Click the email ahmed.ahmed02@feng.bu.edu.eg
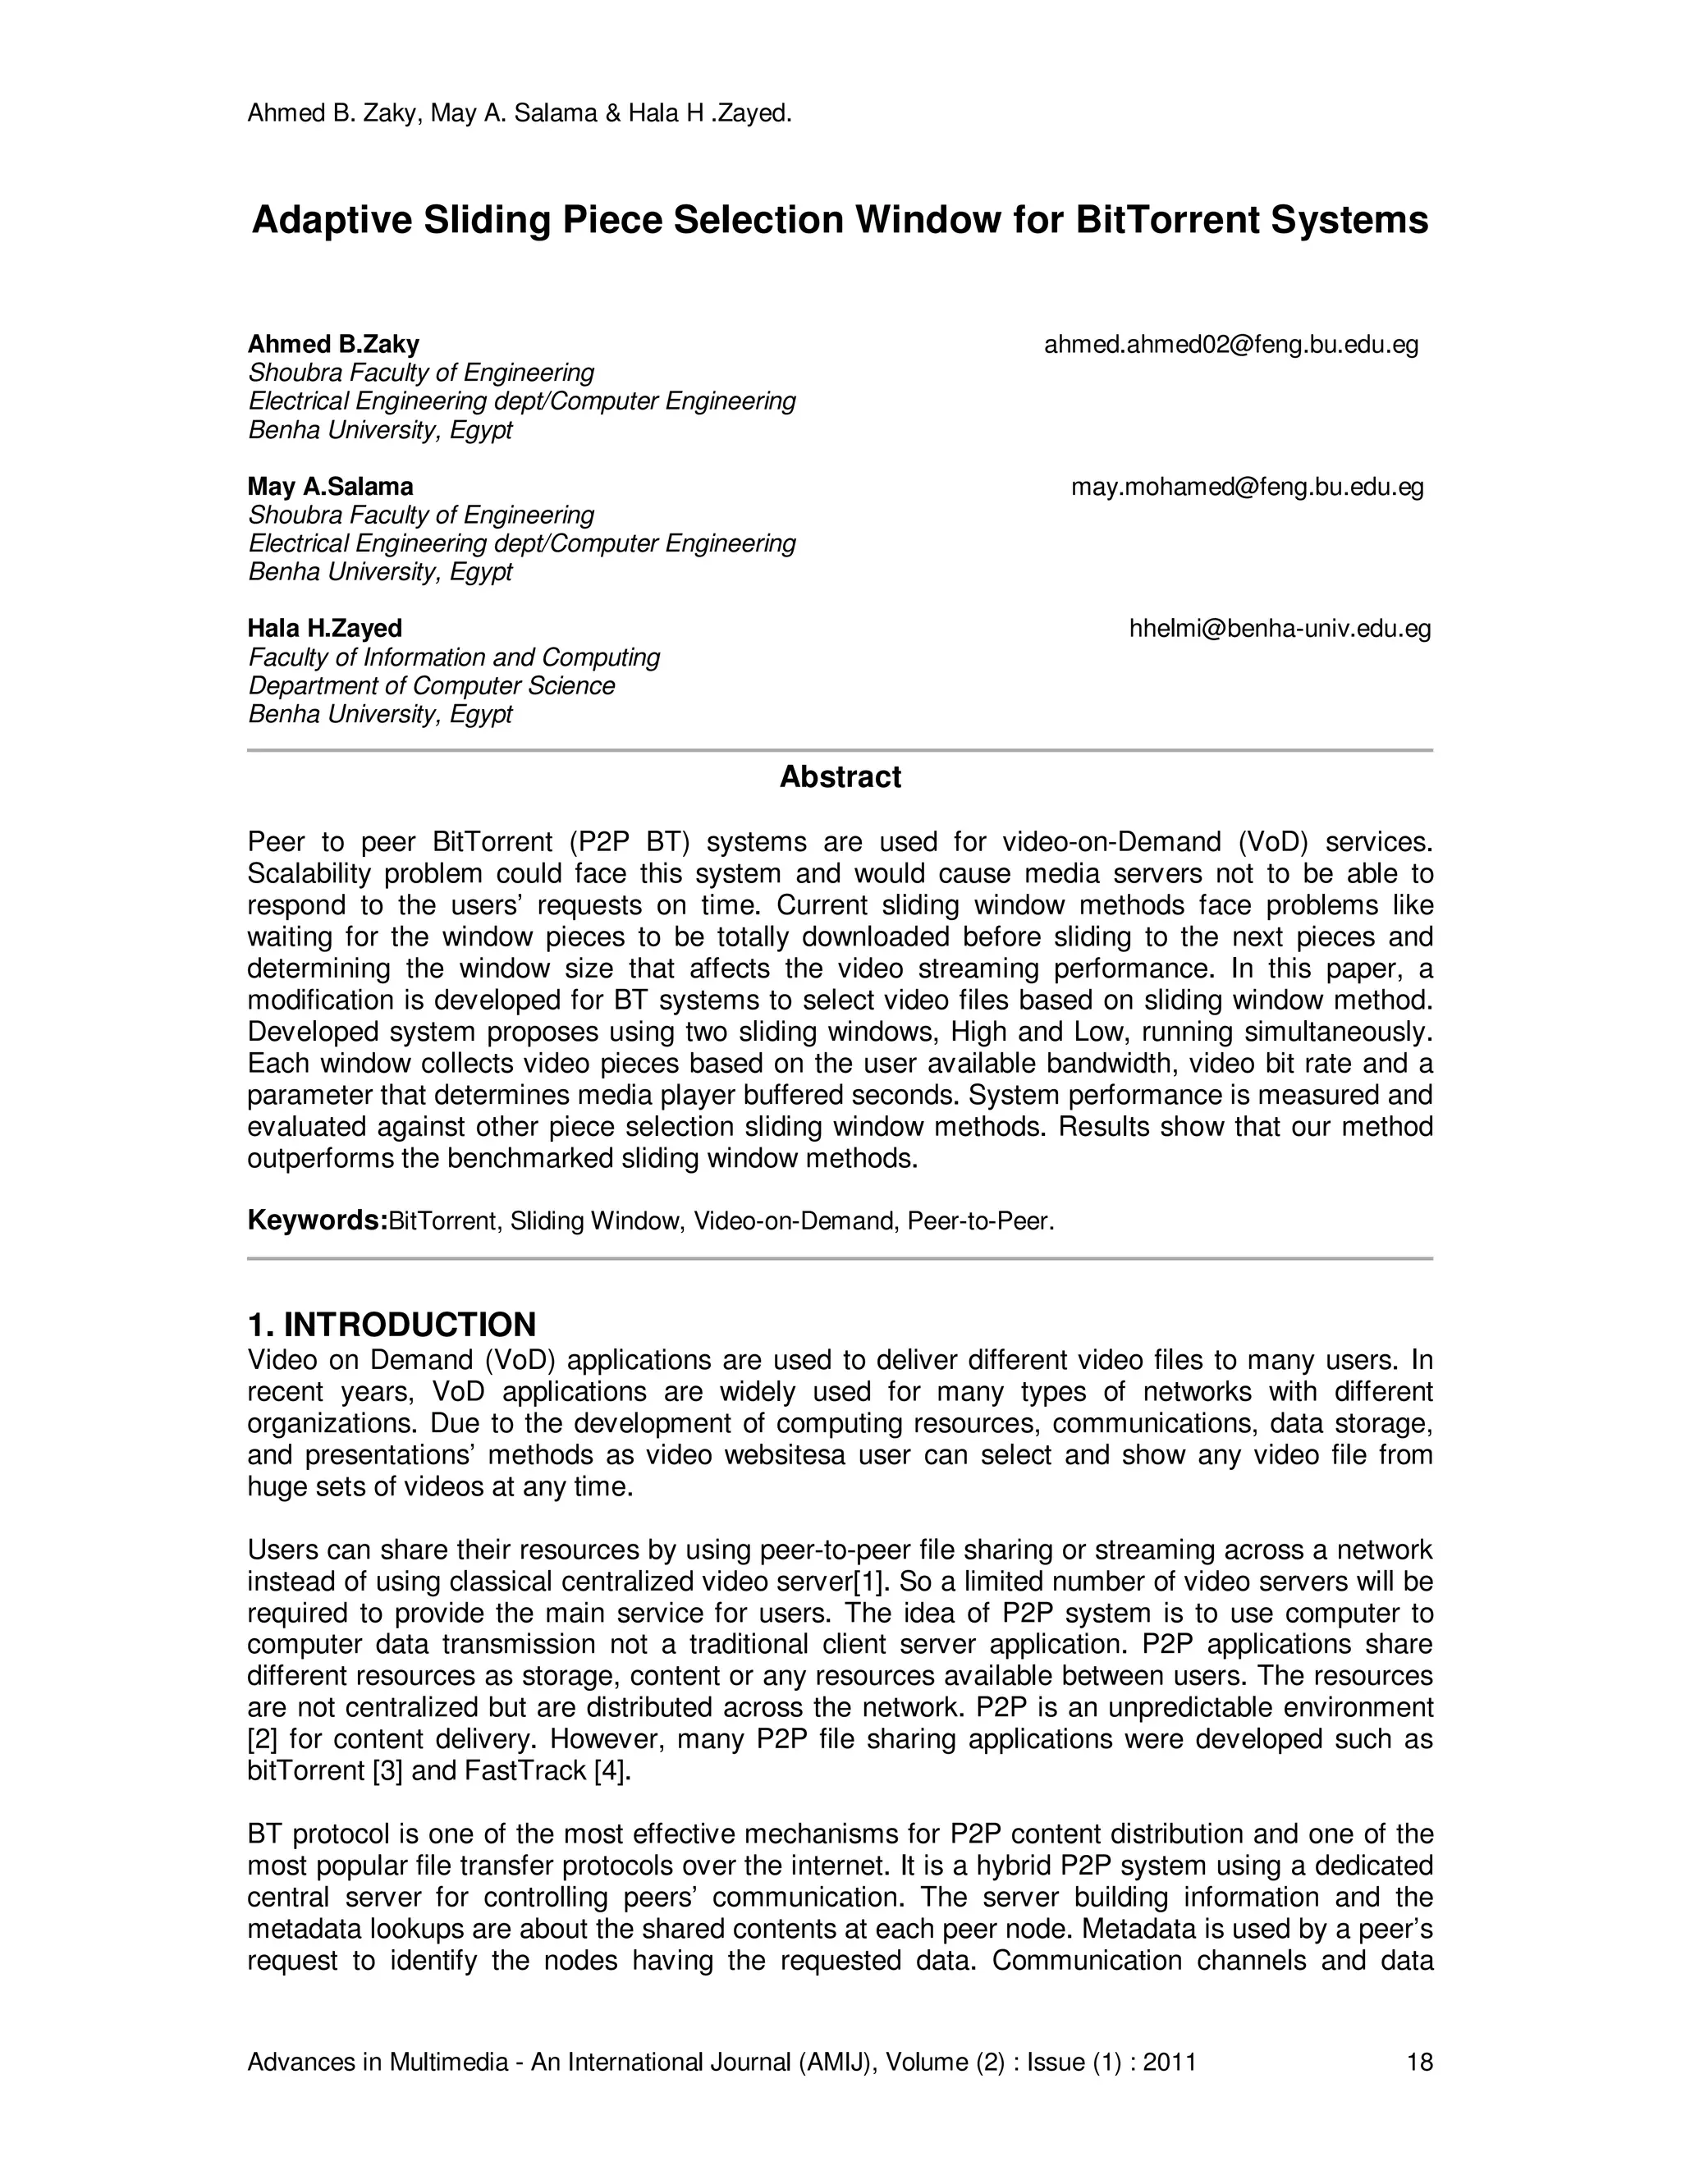(1231, 345)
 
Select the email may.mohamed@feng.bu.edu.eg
(1247, 487)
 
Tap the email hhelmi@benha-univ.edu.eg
(1280, 629)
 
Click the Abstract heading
(840, 776)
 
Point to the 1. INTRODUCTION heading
(392, 1325)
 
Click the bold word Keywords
(317, 1220)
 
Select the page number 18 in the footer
(1419, 2062)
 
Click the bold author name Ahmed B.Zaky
(332, 345)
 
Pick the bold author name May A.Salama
(330, 487)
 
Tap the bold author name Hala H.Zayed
(325, 629)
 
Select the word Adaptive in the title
(332, 220)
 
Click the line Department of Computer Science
(431, 686)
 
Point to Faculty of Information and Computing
(454, 657)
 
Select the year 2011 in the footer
(1169, 2062)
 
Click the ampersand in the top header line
(612, 113)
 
